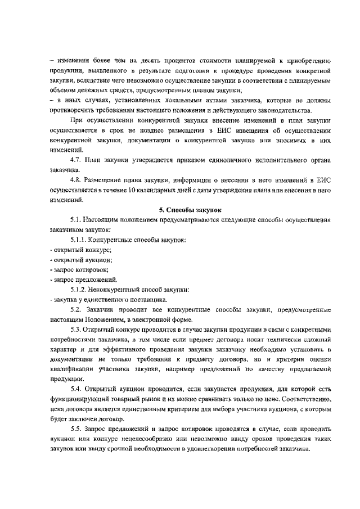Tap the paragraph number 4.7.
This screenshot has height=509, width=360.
point(76,160)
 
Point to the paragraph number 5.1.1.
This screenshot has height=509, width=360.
point(80,240)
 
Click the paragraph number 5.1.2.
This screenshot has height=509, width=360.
point(80,290)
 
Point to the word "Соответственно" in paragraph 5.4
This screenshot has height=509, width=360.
point(308,399)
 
